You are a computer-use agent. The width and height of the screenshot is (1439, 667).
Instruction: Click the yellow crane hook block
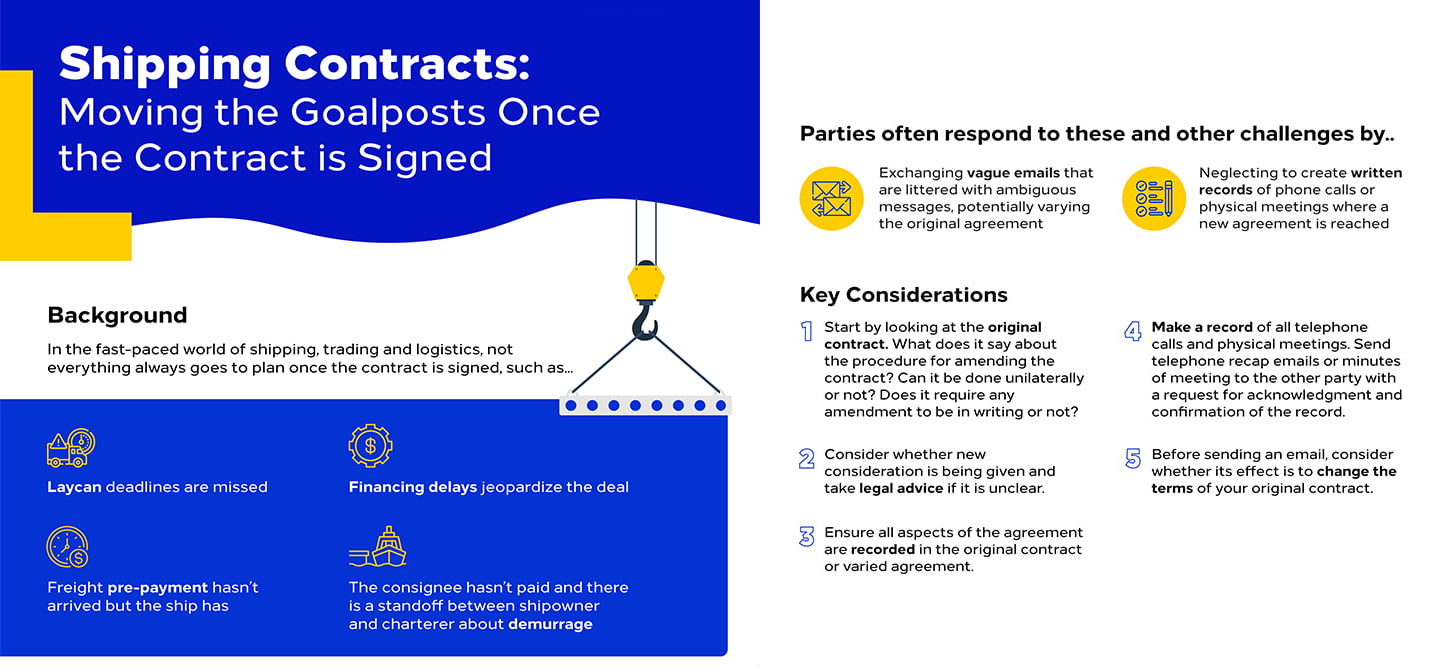(645, 281)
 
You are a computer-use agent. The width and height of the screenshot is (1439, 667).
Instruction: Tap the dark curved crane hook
(645, 322)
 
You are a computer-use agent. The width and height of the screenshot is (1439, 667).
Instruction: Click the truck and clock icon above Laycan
(71, 447)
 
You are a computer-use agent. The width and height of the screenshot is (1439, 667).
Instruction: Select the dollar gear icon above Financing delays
(370, 445)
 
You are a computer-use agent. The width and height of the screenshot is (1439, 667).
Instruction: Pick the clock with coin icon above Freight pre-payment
(68, 547)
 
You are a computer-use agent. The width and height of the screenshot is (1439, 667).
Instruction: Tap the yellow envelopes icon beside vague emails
(831, 199)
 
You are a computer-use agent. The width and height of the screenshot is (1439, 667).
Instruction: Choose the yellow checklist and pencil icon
(1154, 199)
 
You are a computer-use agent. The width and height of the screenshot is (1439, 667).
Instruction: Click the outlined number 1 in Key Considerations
(807, 331)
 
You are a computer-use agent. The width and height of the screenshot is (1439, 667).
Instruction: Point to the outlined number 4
(1133, 331)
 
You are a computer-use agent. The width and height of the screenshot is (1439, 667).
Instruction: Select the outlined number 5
(1133, 458)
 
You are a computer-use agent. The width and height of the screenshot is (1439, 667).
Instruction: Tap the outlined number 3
(807, 537)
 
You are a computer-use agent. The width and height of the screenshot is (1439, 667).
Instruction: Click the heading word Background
(117, 316)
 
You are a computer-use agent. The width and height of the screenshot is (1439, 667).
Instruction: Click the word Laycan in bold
(75, 487)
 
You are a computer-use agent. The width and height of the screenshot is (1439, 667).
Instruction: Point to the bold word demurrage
(550, 625)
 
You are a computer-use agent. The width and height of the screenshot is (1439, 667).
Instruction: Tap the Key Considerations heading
(903, 295)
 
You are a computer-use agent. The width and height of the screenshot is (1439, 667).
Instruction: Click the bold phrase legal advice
(901, 488)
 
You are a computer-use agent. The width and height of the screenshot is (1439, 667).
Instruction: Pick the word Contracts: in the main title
(408, 64)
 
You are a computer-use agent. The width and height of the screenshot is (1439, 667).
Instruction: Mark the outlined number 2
(807, 458)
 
